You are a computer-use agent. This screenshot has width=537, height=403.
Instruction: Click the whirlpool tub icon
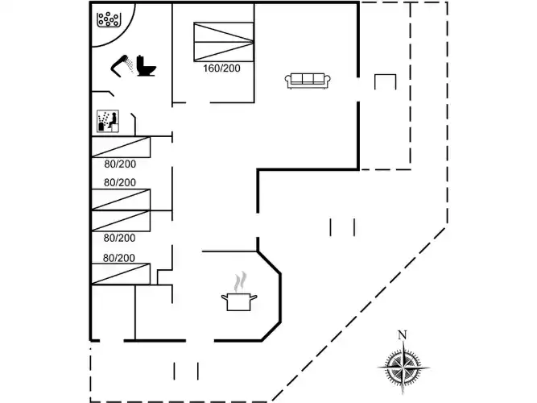coord(108,19)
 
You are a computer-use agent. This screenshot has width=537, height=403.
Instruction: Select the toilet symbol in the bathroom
coord(147,66)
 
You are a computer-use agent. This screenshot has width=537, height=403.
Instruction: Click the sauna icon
coord(108,122)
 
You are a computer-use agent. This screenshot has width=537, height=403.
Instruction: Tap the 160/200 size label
coord(221,69)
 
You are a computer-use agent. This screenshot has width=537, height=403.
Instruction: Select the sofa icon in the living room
coord(307,79)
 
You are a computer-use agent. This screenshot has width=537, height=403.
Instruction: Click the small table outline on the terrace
coord(386,82)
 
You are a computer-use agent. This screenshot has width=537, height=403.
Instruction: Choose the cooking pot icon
coord(239,301)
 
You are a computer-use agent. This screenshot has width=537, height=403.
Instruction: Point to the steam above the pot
coord(240,282)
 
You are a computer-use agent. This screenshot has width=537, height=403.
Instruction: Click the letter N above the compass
coord(403,336)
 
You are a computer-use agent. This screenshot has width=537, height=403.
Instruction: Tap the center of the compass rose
coord(403,368)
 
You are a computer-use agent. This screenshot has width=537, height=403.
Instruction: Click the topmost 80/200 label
coord(119,164)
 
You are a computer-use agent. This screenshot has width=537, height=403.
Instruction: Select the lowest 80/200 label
coord(119,258)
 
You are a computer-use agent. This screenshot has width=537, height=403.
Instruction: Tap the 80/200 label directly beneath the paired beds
coord(119,238)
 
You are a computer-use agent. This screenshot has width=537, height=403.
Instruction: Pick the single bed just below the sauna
coord(121,147)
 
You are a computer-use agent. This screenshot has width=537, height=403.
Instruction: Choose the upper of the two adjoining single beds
coord(121,199)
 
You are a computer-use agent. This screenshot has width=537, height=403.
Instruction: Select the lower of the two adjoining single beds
coord(121,220)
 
